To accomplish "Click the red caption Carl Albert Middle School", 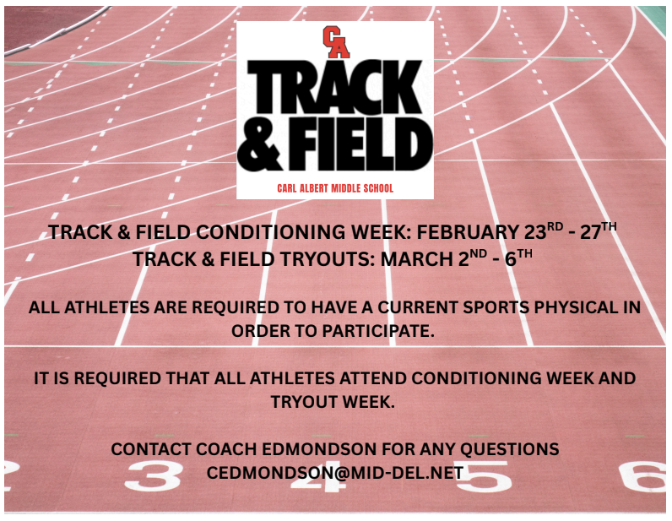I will coord(335,187).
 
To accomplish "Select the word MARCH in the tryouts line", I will coord(418,258).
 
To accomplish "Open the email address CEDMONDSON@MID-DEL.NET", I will coord(335,473).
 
